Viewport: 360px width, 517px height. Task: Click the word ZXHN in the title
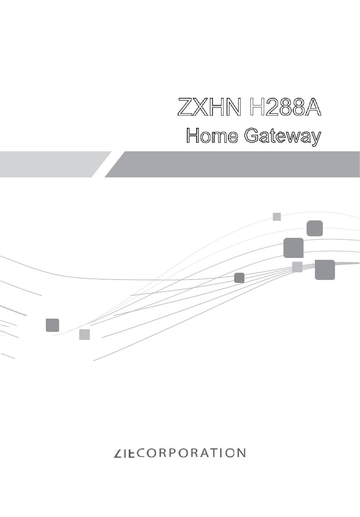210,107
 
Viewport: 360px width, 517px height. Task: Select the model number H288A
285,107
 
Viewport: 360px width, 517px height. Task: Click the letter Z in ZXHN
185,107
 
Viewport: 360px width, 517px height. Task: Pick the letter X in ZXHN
201,107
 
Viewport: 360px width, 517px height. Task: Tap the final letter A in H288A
313,107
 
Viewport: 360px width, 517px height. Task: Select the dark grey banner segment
232,164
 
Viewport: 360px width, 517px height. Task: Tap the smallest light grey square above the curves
277,217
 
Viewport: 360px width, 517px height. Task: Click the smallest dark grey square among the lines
239,278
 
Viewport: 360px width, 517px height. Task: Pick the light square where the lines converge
297,267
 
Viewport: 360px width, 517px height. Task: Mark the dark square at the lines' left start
52,325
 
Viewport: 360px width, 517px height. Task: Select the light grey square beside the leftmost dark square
85,335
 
